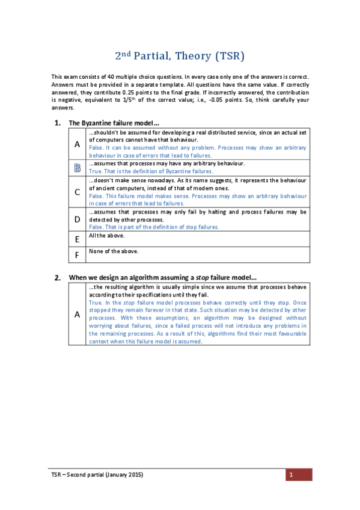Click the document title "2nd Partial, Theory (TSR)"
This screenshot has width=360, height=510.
(x=180, y=57)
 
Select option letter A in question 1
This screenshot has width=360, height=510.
(x=77, y=144)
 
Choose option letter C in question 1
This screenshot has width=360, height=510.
(x=77, y=192)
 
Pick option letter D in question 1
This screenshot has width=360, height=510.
(x=77, y=220)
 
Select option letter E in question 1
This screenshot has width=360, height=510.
(x=77, y=239)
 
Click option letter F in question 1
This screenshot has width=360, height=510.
(x=77, y=255)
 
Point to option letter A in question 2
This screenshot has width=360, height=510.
(x=77, y=313)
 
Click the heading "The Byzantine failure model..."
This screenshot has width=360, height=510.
(x=114, y=123)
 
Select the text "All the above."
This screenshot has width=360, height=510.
(x=106, y=235)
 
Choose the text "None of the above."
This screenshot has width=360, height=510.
(x=113, y=251)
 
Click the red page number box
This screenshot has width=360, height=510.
(x=298, y=475)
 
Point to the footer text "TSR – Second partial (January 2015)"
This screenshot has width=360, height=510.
(x=97, y=475)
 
